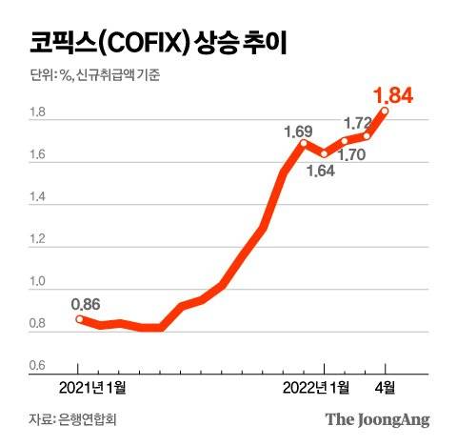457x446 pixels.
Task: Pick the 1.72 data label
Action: (x=356, y=123)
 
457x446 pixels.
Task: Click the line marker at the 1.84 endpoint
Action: (x=386, y=111)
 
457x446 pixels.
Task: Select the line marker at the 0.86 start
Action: (x=80, y=319)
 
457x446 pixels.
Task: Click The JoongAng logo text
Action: (x=378, y=419)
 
